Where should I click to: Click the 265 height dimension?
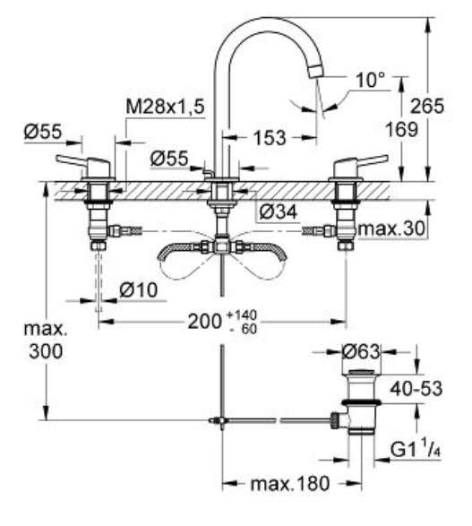click(x=427, y=107)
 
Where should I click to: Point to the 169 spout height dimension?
click(x=402, y=130)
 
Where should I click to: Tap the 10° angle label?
click(x=370, y=80)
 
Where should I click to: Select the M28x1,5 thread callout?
click(x=165, y=107)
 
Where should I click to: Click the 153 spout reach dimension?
click(x=270, y=137)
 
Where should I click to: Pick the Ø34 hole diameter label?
click(x=279, y=212)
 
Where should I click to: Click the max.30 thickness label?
click(x=391, y=229)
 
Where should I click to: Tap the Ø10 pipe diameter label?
click(x=139, y=289)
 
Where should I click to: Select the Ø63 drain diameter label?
click(x=361, y=352)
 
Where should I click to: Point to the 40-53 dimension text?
click(x=416, y=389)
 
